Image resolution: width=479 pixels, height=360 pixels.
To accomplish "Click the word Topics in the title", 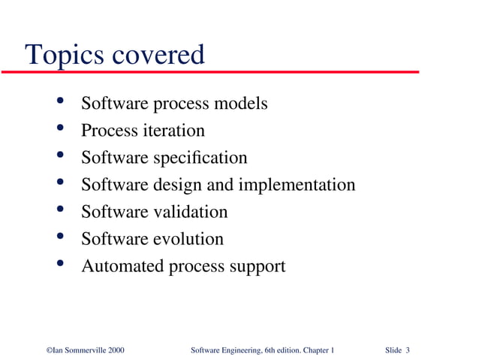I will tap(65, 56).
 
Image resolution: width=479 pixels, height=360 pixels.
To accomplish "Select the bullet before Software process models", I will tap(59, 101).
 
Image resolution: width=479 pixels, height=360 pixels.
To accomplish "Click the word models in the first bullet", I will tap(241, 104).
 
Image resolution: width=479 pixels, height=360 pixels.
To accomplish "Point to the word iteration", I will tap(173, 131).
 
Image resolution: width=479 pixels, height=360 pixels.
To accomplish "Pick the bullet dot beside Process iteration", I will tap(59, 128).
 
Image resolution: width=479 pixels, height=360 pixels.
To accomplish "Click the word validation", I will tap(190, 212).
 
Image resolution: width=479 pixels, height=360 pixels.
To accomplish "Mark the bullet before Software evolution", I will tap(59, 237).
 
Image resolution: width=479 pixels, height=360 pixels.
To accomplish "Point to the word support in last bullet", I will tap(257, 267).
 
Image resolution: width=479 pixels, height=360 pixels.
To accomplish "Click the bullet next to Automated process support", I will tap(59, 264).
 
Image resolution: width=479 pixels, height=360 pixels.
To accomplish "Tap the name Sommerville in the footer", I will tap(81, 351).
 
